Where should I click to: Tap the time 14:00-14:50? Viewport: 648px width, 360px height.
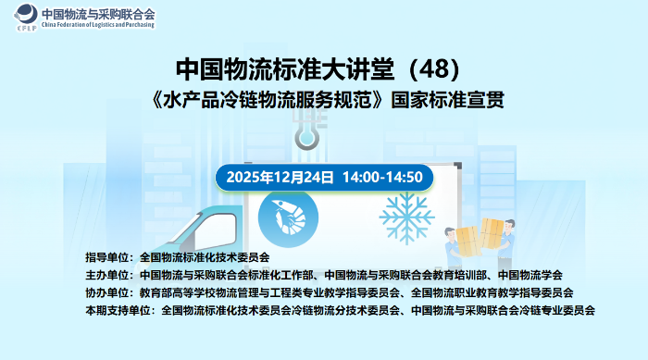(x=382, y=177)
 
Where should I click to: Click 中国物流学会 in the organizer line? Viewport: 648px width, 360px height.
(x=530, y=275)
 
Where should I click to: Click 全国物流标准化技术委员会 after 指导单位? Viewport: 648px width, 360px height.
(x=205, y=257)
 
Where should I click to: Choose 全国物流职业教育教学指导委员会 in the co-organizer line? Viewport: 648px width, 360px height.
(x=499, y=292)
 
